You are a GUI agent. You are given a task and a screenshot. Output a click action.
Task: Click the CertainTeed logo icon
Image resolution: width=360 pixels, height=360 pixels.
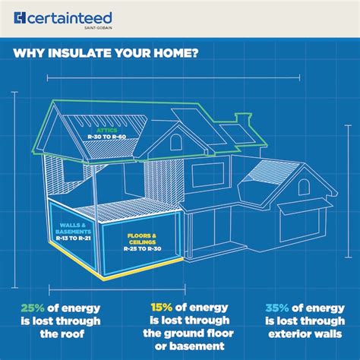click(x=21, y=17)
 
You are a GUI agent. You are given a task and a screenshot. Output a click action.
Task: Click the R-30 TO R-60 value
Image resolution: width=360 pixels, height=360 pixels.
click(x=106, y=137)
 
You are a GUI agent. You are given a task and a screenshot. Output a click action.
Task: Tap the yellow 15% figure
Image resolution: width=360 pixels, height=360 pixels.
click(x=161, y=308)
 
